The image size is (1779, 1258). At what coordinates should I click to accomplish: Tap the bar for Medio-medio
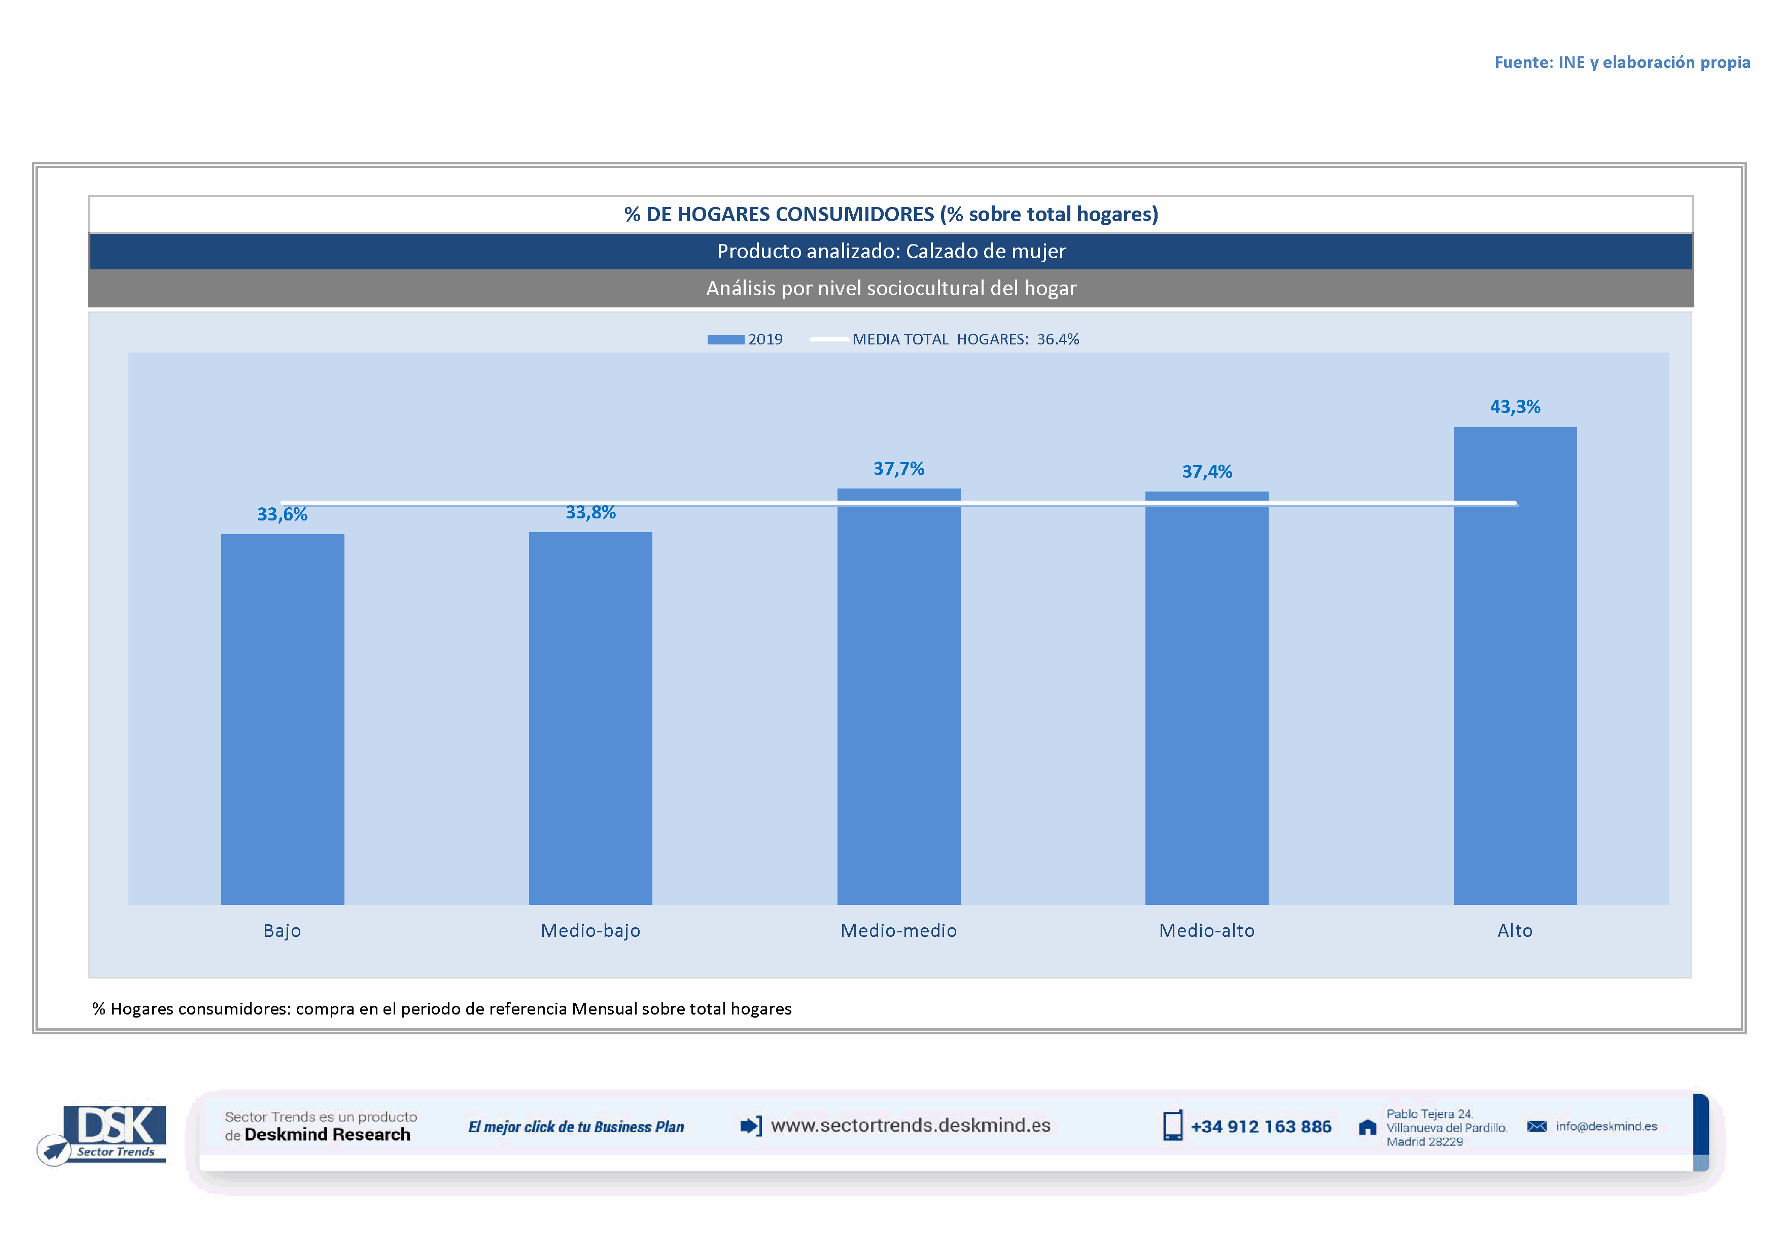tap(899, 696)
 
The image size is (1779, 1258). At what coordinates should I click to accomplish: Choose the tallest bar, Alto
tap(1515, 666)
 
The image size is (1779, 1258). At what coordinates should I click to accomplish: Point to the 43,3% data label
tap(1515, 407)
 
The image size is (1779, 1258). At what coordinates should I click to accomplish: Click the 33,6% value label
tap(282, 514)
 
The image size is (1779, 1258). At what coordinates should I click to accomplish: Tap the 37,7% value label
tap(899, 469)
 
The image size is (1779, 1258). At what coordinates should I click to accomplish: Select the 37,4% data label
tap(1206, 472)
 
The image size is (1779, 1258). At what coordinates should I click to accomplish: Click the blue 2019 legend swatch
tap(725, 339)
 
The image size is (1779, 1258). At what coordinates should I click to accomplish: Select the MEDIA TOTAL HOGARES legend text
tap(965, 339)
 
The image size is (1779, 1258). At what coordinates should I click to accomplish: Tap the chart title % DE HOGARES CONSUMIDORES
tap(891, 214)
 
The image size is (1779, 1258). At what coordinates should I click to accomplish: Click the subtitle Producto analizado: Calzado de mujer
tap(891, 251)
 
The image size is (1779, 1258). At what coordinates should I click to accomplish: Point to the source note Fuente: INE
tap(1622, 62)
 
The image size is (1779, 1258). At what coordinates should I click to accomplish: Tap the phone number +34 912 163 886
tap(1261, 1126)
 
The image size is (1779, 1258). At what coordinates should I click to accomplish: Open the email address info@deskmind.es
tap(1606, 1126)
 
